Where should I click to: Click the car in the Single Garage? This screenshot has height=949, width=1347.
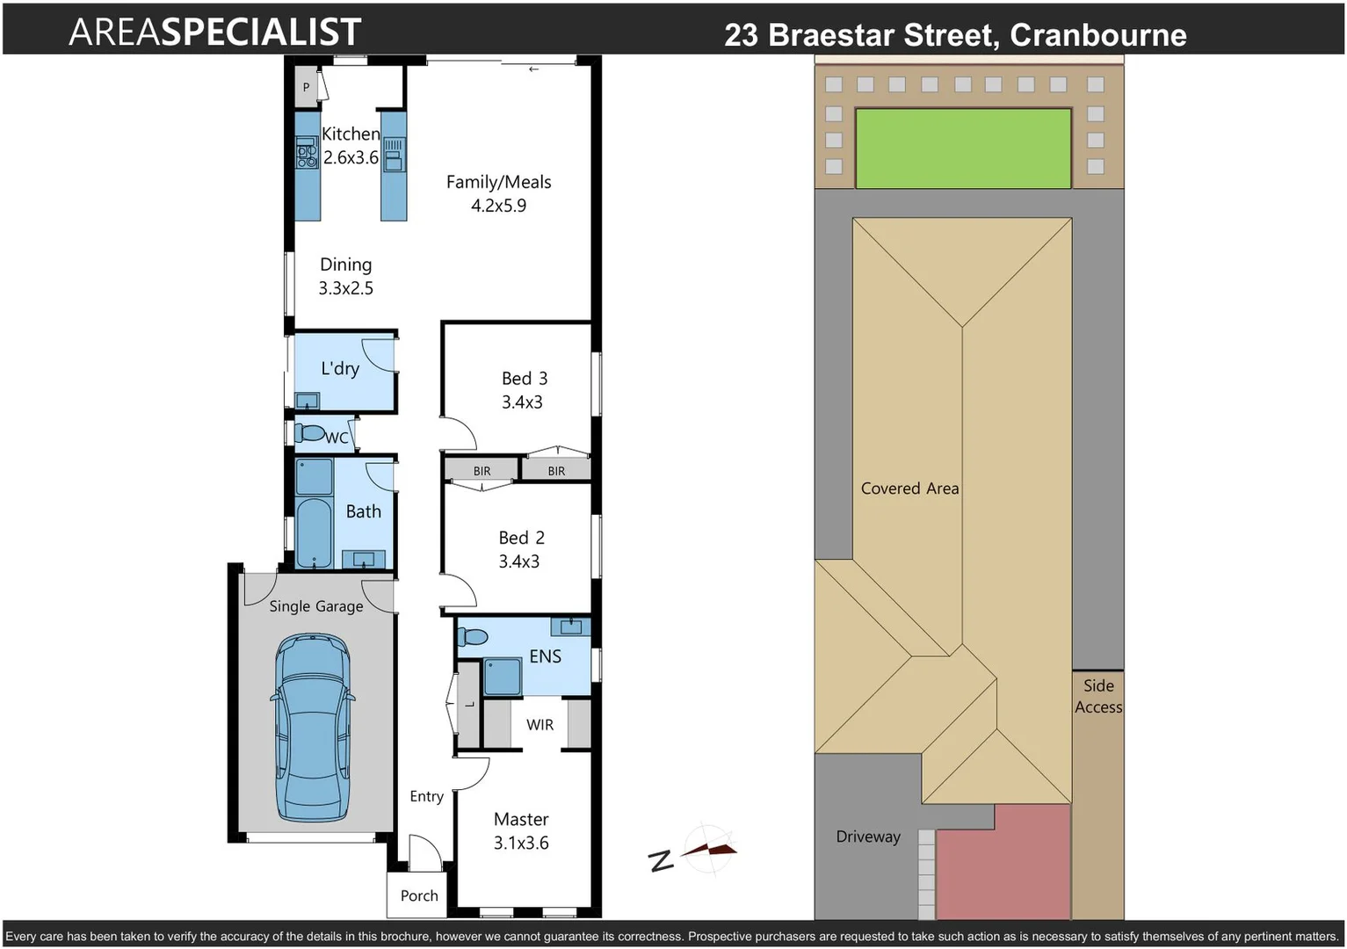pos(313,728)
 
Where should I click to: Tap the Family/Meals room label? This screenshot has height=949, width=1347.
pos(498,182)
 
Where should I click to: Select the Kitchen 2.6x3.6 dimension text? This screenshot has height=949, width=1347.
pos(351,158)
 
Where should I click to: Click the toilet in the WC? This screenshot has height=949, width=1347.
pos(309,433)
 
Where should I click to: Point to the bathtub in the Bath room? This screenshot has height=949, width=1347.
pos(314,532)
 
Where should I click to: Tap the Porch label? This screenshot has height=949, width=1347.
pos(418,895)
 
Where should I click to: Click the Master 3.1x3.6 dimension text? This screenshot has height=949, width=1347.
pos(521,843)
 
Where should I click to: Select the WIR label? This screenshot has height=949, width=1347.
pos(540,725)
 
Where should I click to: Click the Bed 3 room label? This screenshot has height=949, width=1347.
pos(524,379)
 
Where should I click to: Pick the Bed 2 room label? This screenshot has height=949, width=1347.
pos(521,538)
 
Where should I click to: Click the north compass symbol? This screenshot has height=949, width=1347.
pos(707,849)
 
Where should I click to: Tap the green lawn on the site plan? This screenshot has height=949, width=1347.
pos(963,148)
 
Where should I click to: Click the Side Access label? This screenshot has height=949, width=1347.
pos(1097,696)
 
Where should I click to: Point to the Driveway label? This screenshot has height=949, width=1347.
pos(867,837)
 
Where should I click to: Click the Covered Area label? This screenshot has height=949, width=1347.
pos(909,489)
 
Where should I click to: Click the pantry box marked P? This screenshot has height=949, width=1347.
pos(306,87)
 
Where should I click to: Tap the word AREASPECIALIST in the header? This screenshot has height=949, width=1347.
pos(214,33)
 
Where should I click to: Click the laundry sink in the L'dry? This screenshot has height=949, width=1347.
pos(307,402)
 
